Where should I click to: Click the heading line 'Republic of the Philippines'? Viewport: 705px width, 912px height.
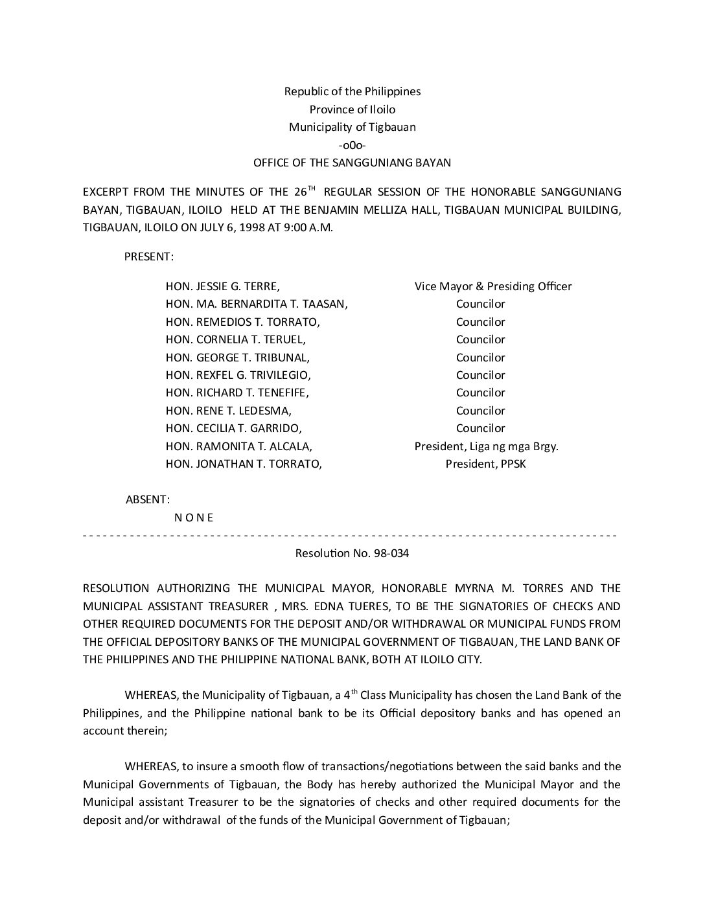[x=352, y=91]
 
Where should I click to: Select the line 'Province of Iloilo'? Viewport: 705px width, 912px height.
[x=352, y=109]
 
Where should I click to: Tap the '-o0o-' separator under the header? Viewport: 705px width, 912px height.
[x=352, y=145]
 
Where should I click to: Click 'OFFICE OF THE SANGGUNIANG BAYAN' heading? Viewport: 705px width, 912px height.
[x=352, y=163]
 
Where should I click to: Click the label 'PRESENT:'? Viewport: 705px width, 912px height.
[x=148, y=256]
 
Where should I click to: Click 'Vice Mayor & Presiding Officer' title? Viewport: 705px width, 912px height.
[x=493, y=286]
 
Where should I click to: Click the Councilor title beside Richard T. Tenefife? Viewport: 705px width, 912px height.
[x=480, y=393]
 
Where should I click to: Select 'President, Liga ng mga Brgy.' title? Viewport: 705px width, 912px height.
[x=486, y=446]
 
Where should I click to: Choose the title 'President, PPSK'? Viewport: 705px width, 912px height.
[x=485, y=464]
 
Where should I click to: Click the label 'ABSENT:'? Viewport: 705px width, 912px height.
[x=148, y=499]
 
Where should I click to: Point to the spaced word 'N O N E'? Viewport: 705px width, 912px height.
[x=194, y=518]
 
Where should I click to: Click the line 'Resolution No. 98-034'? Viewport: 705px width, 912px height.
[x=352, y=554]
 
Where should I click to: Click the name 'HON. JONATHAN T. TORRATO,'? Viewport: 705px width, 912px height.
[x=244, y=464]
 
